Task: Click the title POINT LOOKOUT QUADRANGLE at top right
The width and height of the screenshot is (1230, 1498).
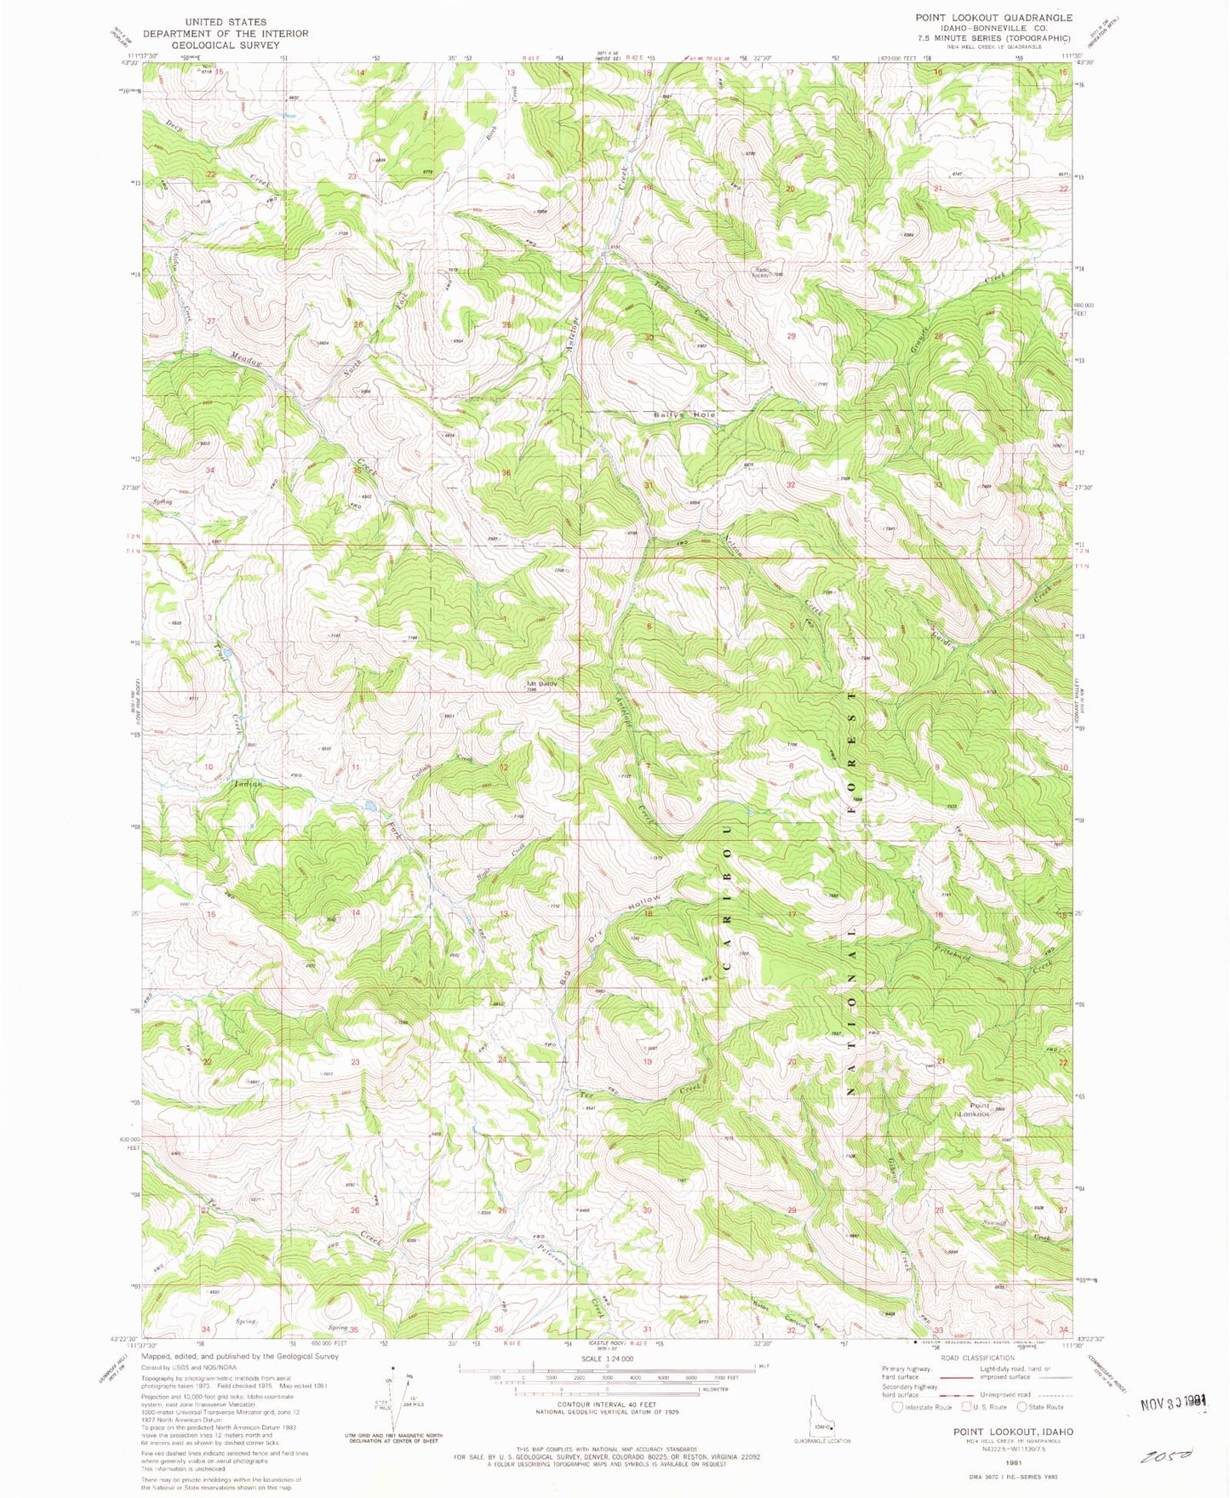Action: tap(981, 17)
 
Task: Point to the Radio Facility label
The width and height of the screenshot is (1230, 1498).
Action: tap(760, 272)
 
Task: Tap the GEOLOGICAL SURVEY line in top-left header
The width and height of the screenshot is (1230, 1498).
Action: tap(225, 45)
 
